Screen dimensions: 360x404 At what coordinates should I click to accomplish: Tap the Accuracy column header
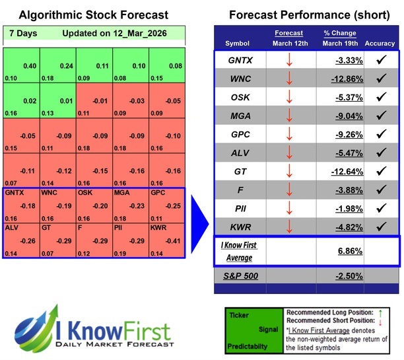click(x=379, y=43)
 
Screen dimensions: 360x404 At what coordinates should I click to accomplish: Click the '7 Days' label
click(x=23, y=33)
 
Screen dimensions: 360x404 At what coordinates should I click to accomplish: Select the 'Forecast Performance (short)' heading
click(x=308, y=15)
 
